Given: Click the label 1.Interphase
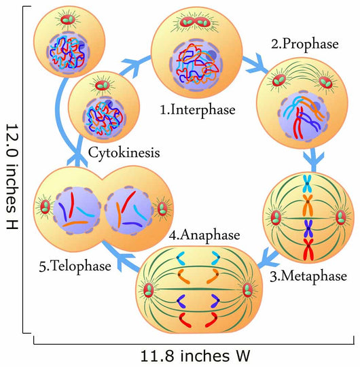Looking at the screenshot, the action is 198,110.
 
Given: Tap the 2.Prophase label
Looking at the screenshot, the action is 305,44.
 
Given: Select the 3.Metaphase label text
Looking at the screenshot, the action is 308,276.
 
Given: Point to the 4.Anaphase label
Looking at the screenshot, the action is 204,234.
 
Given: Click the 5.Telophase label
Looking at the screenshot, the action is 75,266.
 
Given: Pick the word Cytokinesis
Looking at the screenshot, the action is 124,153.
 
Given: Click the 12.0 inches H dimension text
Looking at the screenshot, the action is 12,177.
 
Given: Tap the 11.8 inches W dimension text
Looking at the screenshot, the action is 195,356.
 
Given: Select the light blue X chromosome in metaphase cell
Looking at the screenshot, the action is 308,183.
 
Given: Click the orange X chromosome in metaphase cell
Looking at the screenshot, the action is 308,205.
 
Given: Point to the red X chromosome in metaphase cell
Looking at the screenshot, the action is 308,249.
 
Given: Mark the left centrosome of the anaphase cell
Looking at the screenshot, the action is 149,290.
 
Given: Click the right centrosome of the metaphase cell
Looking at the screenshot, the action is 341,217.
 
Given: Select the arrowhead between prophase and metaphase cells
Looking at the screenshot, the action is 314,158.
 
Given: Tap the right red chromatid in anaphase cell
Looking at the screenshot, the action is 211,320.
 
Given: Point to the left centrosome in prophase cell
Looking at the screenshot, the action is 279,80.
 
